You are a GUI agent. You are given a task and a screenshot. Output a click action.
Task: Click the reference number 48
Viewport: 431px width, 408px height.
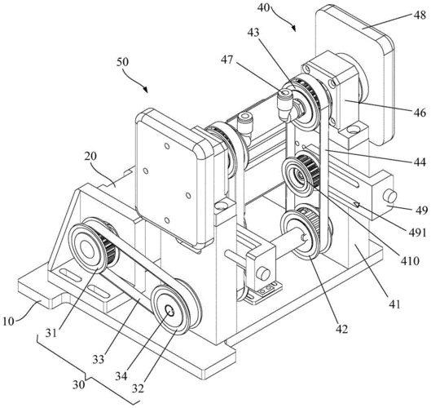pos(420,16)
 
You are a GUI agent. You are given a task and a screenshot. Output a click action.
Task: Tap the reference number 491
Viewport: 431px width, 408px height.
pos(416,233)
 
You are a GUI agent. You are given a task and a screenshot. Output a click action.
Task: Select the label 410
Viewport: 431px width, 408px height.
pos(410,260)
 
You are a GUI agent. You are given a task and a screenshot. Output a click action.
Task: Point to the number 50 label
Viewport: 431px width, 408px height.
pos(122,62)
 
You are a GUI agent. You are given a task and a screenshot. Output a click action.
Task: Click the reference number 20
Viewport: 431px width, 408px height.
pos(90,157)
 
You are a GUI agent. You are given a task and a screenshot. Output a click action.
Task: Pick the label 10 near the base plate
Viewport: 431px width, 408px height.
pos(9,322)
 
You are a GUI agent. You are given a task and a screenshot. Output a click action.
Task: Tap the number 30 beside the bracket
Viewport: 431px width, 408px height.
pos(78,384)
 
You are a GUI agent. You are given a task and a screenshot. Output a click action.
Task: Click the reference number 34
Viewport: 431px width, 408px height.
pos(121,376)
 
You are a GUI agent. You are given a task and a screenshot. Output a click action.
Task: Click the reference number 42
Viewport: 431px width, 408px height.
pos(341,329)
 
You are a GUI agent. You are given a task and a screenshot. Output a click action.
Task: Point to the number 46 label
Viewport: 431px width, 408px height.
pos(420,113)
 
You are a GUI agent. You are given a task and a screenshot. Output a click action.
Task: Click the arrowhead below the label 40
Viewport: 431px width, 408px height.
pos(293,29)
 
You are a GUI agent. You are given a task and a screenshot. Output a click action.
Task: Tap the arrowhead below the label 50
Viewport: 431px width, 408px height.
pos(146,89)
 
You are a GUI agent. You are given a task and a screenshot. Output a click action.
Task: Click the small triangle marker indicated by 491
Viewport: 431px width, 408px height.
pos(357,205)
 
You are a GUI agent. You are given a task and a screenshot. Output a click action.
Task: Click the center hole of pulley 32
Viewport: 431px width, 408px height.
pos(169,311)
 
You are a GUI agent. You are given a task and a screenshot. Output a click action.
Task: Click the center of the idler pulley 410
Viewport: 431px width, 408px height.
pos(299,175)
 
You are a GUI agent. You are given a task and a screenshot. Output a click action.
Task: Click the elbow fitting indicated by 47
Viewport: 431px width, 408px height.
pos(284,105)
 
